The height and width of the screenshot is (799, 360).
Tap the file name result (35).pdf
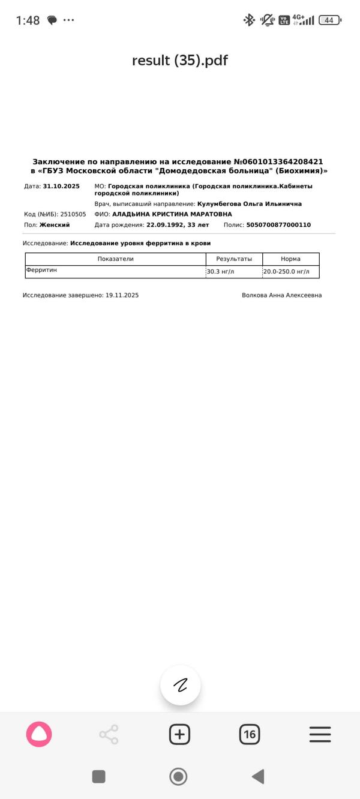coord(180,61)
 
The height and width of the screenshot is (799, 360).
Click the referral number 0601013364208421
coord(282,162)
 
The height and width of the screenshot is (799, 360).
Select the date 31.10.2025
coord(61,187)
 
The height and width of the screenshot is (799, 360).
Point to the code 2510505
coord(73,214)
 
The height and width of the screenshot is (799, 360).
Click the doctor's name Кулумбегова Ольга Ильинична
coord(249,204)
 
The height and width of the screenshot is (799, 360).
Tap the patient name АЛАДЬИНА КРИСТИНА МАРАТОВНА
coord(172,214)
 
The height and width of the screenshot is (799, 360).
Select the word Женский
coord(55,225)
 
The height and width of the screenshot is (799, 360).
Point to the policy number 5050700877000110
coord(278,225)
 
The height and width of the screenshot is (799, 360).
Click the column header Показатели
coord(115,259)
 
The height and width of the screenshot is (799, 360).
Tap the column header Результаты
coord(234,259)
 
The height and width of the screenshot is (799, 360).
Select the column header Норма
coord(290,259)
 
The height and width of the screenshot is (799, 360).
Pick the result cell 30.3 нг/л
coord(220,272)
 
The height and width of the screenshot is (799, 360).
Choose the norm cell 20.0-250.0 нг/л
coord(286,272)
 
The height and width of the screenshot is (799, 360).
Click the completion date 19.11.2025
coord(122,295)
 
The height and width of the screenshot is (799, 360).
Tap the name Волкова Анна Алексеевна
coord(281,295)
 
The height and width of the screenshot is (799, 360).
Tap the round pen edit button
coord(180,685)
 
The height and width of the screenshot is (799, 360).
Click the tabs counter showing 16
coord(250,734)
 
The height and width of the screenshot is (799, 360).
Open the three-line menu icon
coord(320,734)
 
